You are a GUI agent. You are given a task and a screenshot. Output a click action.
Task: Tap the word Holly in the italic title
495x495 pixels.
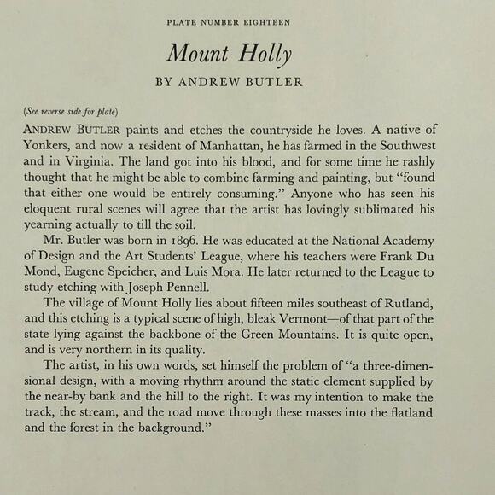[265, 54]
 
